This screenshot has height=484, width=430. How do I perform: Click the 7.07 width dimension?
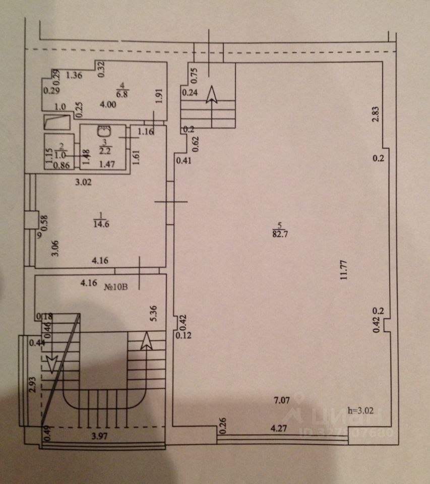tap(281, 401)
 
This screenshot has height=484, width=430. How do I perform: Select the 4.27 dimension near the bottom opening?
tap(279, 429)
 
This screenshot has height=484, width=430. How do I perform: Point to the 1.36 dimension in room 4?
tap(74, 76)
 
